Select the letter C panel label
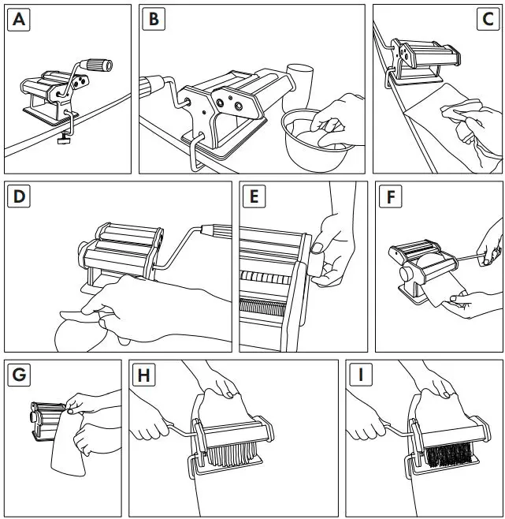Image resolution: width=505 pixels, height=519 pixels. point(488,21)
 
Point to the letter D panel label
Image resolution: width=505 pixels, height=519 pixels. point(20,197)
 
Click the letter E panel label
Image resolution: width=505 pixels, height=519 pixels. point(254,197)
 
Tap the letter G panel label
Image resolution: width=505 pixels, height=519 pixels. point(19,375)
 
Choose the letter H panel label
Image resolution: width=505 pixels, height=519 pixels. point(143,375)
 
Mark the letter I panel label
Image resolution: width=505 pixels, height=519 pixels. point(360,375)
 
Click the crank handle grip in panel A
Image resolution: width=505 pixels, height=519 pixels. point(98,65)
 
